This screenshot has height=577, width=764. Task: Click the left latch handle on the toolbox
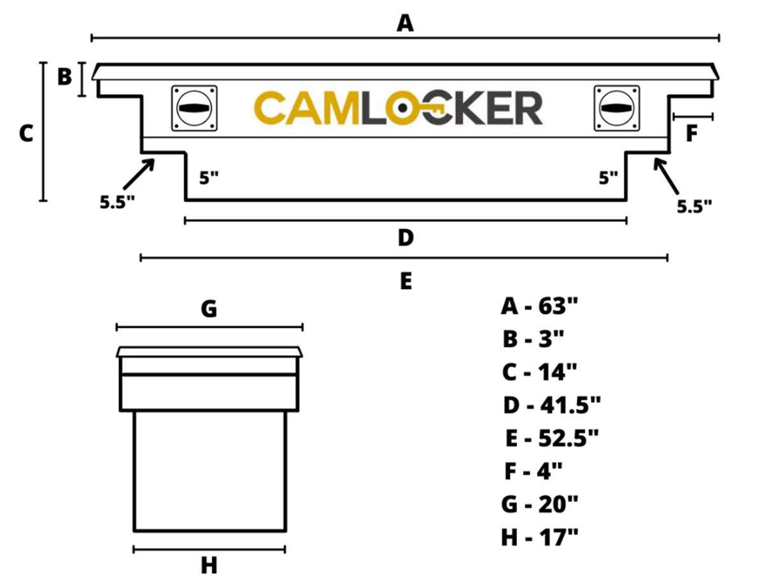[194, 108]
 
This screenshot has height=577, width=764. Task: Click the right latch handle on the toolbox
[616, 108]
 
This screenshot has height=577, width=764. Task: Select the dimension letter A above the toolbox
[405, 24]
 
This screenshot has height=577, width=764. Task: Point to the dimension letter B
[65, 77]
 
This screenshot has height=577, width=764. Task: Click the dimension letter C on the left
[25, 134]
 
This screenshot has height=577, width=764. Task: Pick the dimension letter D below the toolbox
[406, 238]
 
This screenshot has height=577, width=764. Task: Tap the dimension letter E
[406, 280]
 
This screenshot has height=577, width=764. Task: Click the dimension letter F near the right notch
[691, 134]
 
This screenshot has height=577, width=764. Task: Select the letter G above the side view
[209, 310]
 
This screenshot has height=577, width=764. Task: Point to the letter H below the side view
[209, 564]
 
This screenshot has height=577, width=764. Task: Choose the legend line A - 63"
[539, 306]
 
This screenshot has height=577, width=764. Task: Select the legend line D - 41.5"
[551, 404]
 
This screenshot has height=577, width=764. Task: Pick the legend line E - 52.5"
[551, 438]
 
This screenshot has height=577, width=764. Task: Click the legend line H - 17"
[539, 538]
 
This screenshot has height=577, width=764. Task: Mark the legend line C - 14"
[539, 371]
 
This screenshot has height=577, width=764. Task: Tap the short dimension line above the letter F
[693, 117]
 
